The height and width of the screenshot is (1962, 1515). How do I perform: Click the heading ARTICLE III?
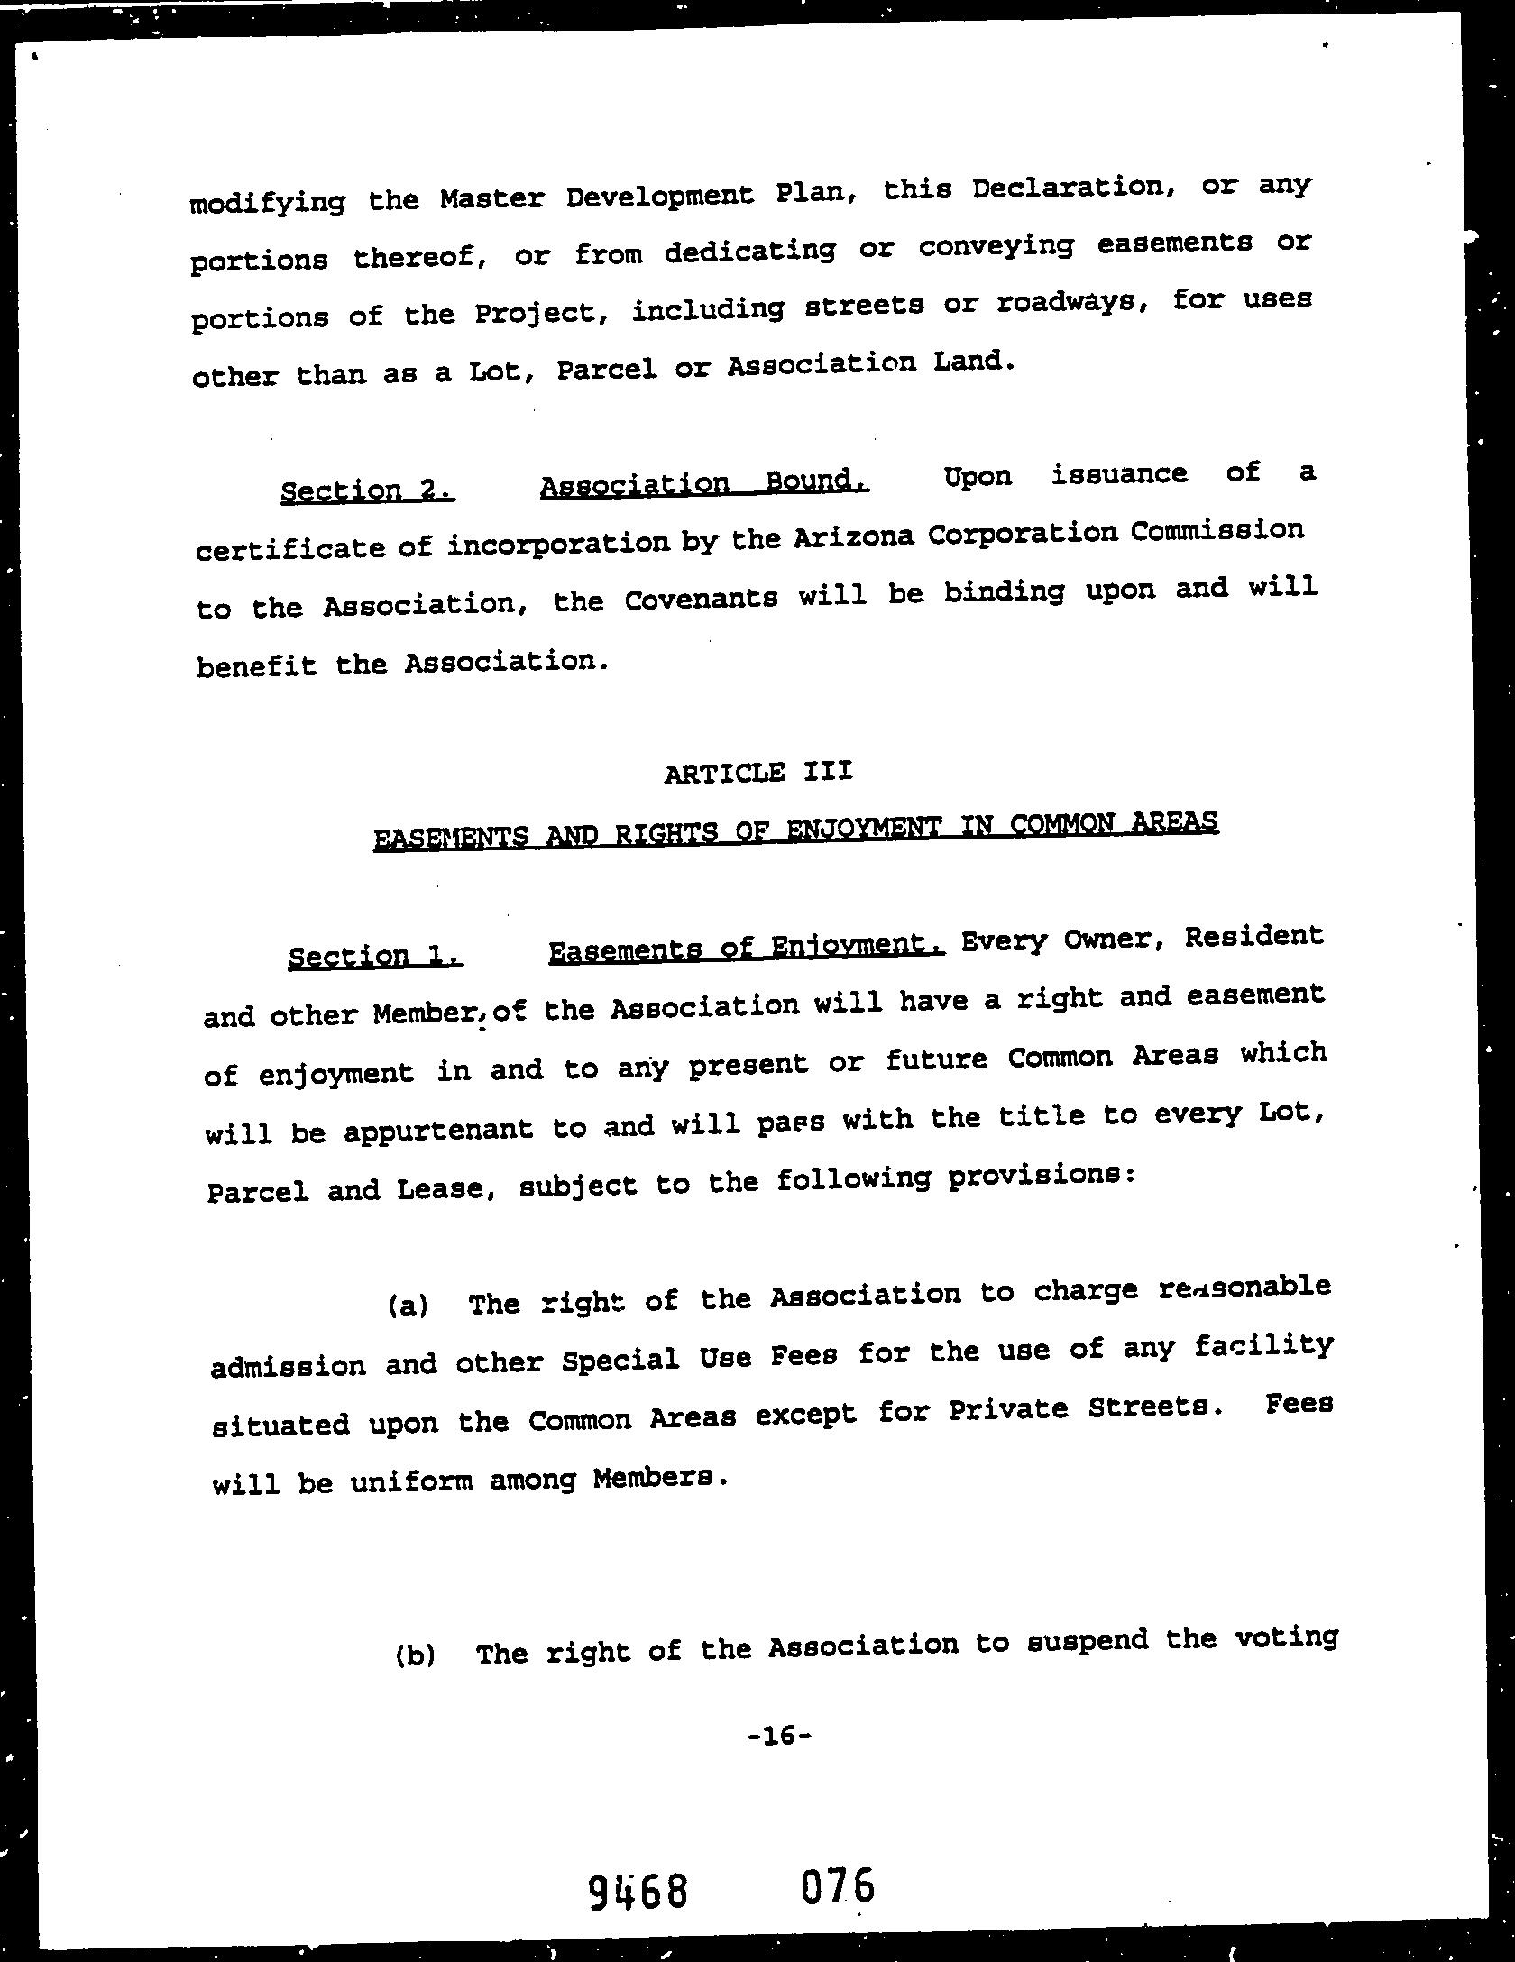pyautogui.click(x=757, y=773)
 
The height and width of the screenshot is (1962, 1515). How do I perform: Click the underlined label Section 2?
pyautogui.click(x=367, y=490)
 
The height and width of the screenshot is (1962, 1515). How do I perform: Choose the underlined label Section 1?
pyautogui.click(x=375, y=955)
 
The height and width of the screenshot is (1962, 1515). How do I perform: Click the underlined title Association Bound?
pyautogui.click(x=705, y=483)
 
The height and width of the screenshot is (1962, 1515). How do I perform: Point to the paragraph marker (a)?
pyautogui.click(x=408, y=1305)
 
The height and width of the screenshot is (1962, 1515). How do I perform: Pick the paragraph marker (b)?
pyautogui.click(x=415, y=1655)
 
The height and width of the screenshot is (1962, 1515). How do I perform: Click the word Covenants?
pyautogui.click(x=701, y=599)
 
